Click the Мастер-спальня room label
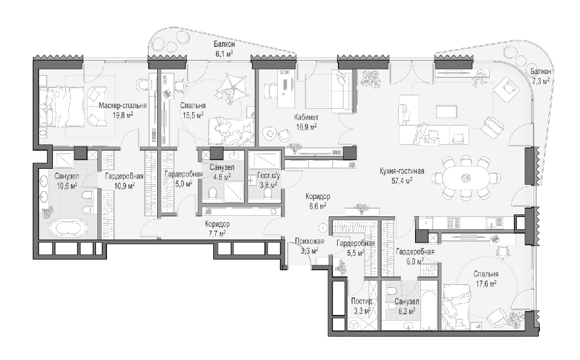pyautogui.click(x=122, y=106)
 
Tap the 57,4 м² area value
pyautogui.click(x=402, y=181)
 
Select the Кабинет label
pyautogui.click(x=306, y=118)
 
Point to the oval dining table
pyautogui.click(x=465, y=178)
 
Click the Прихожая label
pyautogui.click(x=309, y=242)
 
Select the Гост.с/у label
pyautogui.click(x=268, y=176)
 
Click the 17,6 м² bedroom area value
pyautogui.click(x=485, y=283)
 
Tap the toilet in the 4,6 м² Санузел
pyautogui.click(x=212, y=193)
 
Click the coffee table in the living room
pyautogui.click(x=447, y=111)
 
